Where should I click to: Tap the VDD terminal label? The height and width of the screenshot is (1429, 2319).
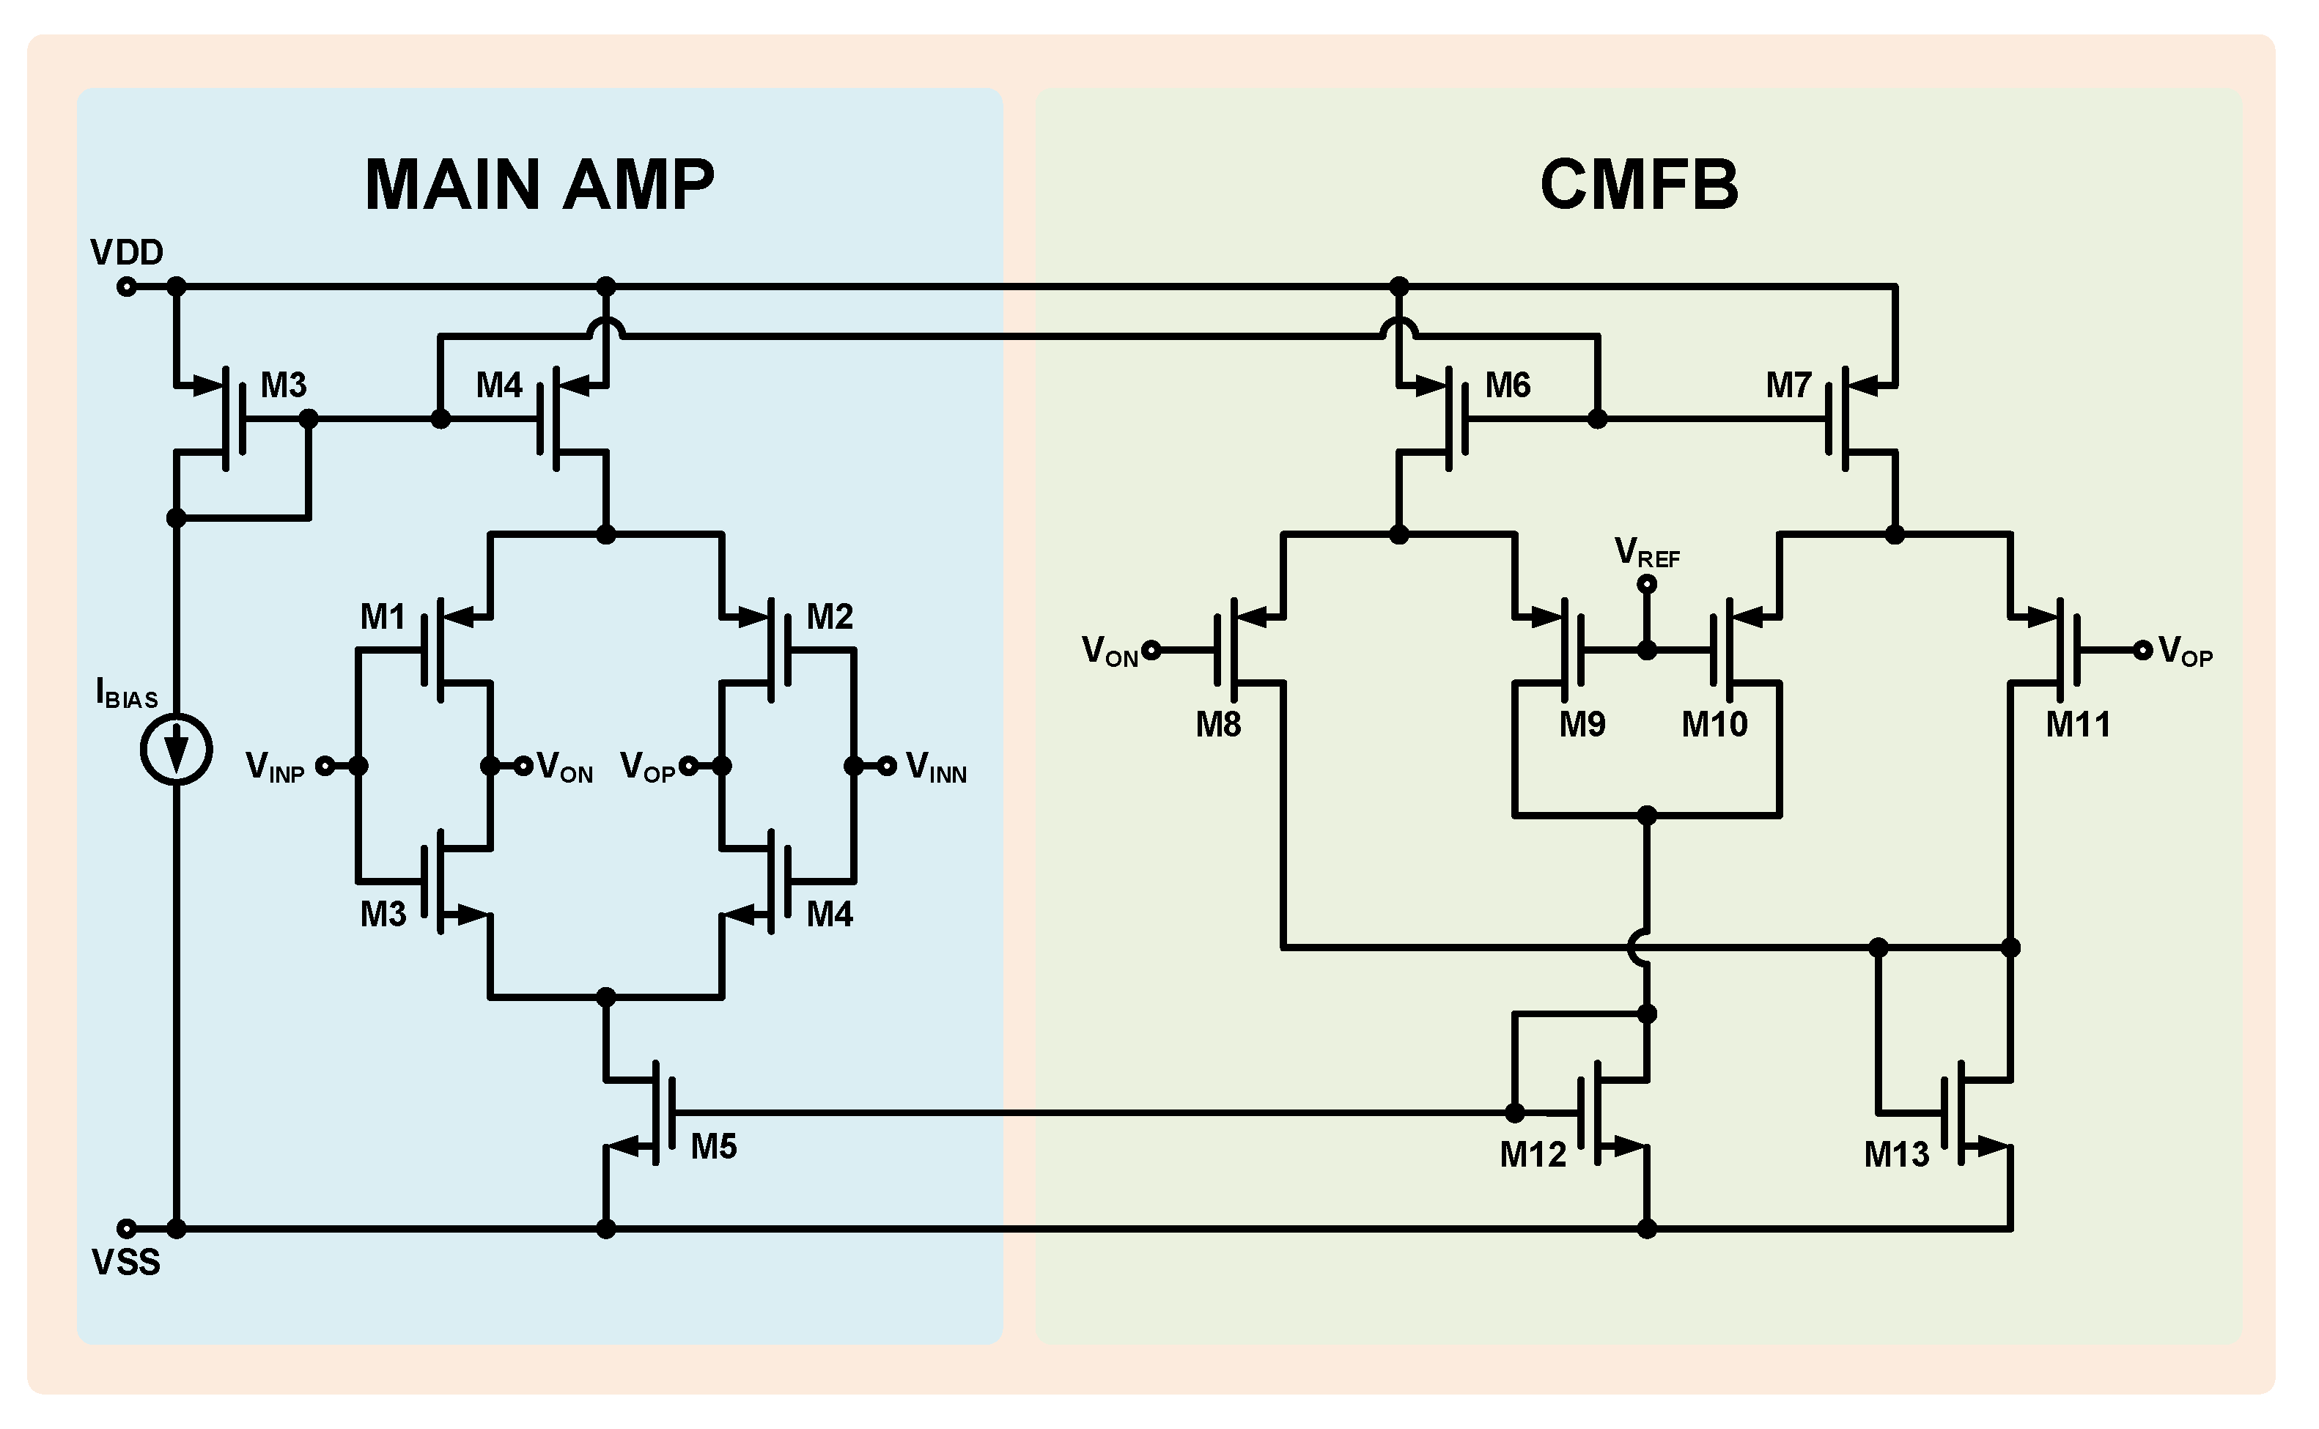127,252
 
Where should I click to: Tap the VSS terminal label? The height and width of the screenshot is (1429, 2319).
125,1263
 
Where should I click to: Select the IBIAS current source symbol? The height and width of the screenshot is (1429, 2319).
176,750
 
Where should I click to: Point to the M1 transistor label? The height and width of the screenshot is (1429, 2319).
383,617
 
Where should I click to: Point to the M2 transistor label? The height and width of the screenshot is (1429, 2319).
830,617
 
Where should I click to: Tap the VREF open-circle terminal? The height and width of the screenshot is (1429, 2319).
1647,585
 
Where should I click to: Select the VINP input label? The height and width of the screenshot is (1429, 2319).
274,767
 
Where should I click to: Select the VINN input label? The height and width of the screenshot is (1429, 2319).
935,767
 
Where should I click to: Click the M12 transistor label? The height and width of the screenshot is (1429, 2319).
1533,1155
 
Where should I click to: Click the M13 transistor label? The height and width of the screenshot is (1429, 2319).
1897,1155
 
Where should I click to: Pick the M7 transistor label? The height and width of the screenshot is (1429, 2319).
1789,385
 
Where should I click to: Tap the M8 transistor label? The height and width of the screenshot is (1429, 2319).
1218,725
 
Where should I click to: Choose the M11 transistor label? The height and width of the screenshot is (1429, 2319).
2078,725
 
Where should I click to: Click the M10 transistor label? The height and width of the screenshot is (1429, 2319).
1714,725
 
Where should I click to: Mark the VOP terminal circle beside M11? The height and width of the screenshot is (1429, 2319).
2143,650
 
